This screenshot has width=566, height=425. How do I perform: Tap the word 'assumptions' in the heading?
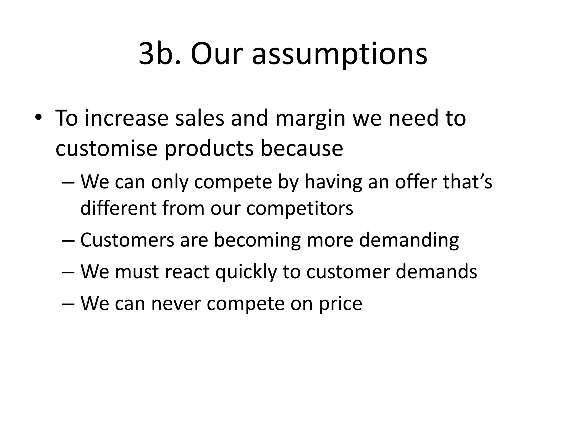click(x=340, y=54)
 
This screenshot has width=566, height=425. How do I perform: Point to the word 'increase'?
click(x=126, y=118)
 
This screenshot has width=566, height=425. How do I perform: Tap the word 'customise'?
click(x=107, y=149)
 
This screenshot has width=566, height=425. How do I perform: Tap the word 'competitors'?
click(x=300, y=209)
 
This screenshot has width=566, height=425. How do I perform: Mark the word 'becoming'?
click(x=257, y=240)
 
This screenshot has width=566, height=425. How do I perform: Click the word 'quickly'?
click(x=246, y=272)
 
